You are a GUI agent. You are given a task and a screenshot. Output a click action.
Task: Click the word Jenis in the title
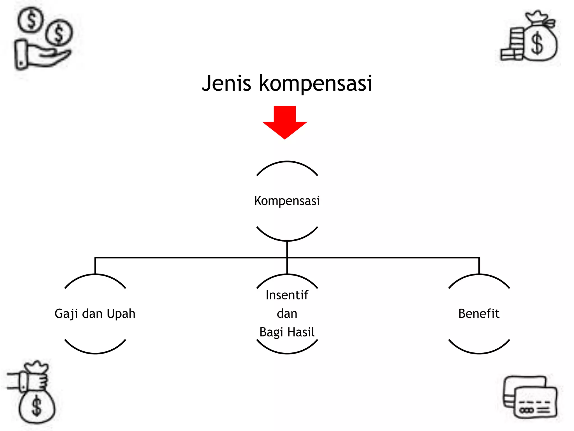[226, 83]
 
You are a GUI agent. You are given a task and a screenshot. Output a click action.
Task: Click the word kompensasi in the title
[315, 83]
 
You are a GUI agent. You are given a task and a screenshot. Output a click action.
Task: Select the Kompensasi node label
[287, 201]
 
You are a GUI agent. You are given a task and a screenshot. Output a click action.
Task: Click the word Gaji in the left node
[66, 314]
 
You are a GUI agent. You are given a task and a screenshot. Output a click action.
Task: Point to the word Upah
[121, 314]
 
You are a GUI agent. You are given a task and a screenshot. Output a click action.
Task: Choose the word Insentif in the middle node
[287, 295]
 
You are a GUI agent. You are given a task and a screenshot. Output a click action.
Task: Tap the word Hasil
[301, 332]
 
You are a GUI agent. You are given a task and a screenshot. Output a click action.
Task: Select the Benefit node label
[479, 313]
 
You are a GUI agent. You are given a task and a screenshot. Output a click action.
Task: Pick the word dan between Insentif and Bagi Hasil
[287, 314]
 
